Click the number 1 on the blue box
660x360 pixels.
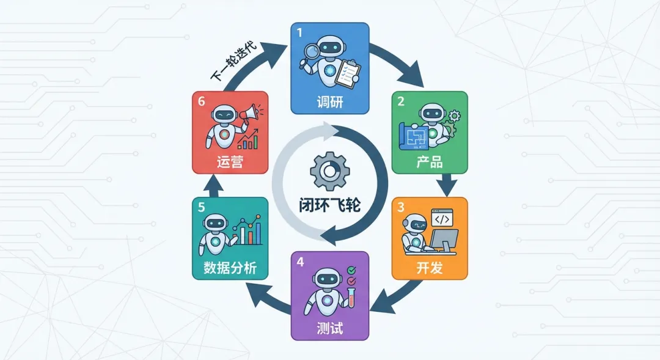coord(299,33)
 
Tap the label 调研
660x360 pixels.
coord(329,101)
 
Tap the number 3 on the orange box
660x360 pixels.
coord(401,207)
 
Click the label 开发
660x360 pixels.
coord(429,268)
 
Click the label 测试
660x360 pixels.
coord(329,327)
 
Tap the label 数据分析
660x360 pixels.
coord(230,268)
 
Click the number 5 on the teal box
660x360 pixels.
coord(201,207)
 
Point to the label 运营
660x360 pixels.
coord(230,163)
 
